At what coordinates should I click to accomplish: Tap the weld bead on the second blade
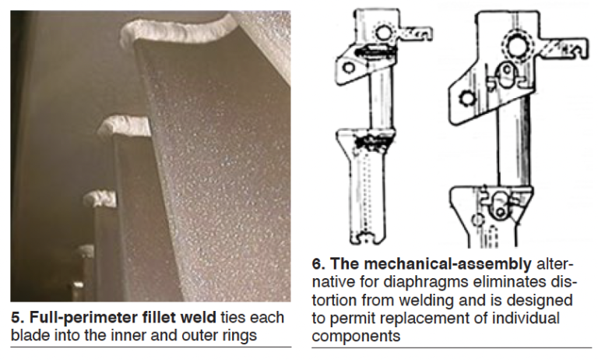[x=125, y=125]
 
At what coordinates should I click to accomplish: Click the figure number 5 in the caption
[x=16, y=318]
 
